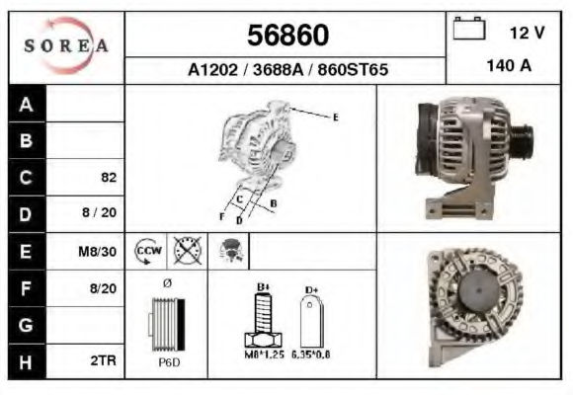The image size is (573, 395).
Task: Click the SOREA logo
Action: [x=66, y=45]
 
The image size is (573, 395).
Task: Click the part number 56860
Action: [x=287, y=36]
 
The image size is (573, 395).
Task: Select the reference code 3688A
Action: [x=278, y=69]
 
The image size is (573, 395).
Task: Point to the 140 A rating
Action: [x=509, y=66]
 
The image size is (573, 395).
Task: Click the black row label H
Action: [x=27, y=362]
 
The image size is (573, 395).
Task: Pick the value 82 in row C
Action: [x=109, y=177]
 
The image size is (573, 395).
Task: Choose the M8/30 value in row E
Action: [x=98, y=252]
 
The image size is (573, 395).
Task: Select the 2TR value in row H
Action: [x=104, y=360]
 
